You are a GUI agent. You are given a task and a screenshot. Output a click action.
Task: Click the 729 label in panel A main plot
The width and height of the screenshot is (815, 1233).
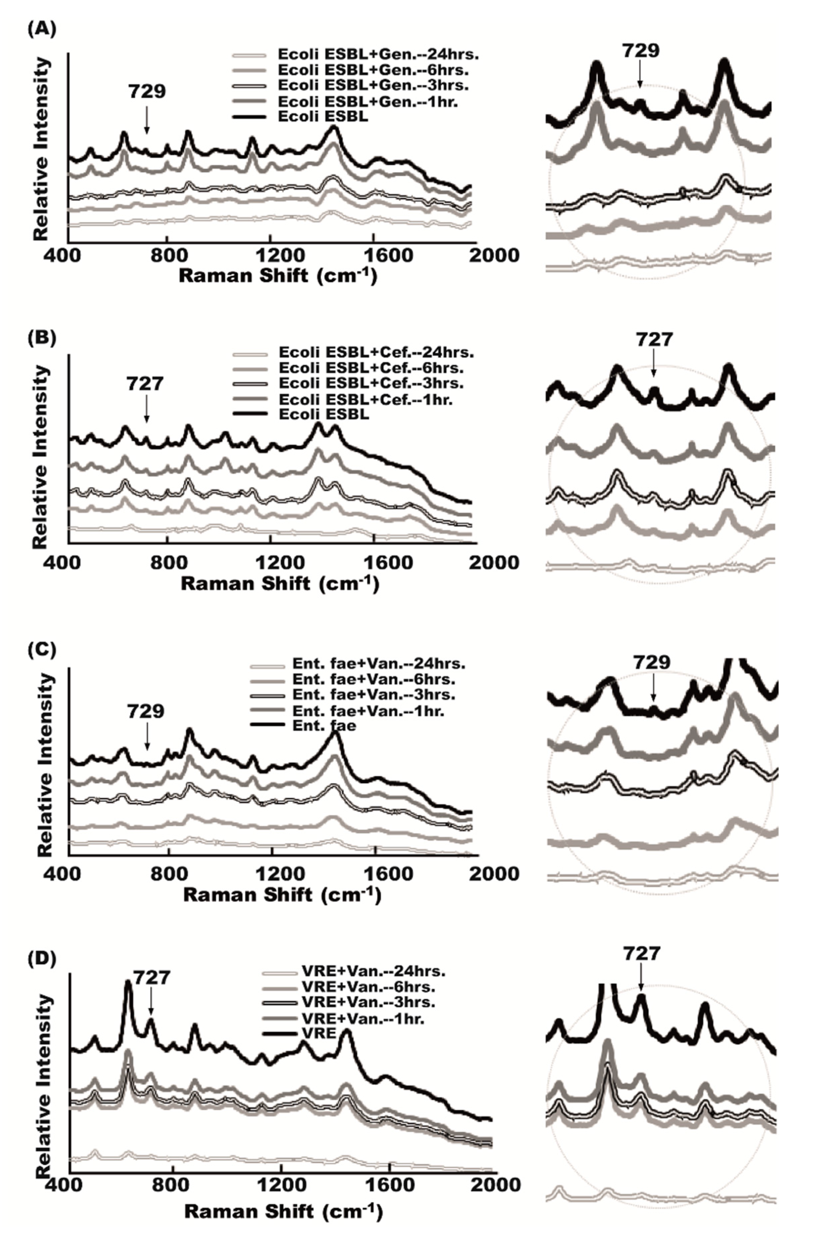[x=147, y=91]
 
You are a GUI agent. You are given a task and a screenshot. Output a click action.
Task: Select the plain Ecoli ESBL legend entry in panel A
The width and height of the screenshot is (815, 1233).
[x=323, y=116]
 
